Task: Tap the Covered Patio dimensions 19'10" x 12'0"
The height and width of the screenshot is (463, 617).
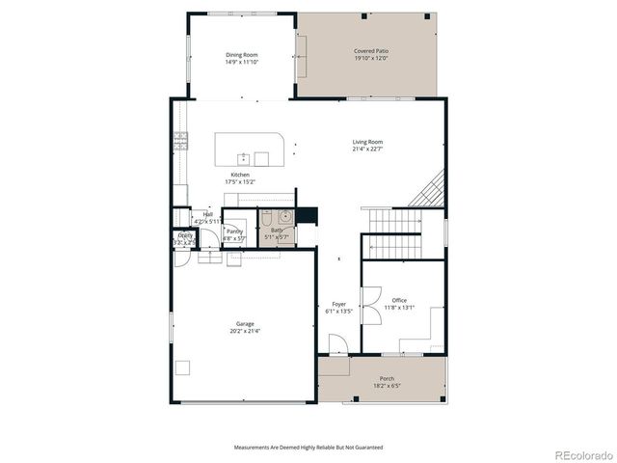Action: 370,57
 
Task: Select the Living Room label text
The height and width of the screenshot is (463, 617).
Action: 366,142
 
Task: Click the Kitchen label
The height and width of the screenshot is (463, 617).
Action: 239,175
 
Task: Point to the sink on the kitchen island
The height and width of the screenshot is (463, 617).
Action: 245,158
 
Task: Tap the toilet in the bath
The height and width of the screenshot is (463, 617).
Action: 267,219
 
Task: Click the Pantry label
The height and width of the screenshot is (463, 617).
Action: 234,231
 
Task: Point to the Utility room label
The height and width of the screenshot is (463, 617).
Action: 184,235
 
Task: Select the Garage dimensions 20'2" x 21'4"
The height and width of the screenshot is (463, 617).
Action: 244,331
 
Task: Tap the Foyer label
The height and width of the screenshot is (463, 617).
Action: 338,305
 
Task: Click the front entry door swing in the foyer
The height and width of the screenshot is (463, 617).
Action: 335,344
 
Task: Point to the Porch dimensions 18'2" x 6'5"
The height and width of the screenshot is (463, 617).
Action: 387,386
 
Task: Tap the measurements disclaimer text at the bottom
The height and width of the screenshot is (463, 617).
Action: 308,448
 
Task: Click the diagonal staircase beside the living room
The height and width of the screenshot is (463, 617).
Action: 427,189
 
